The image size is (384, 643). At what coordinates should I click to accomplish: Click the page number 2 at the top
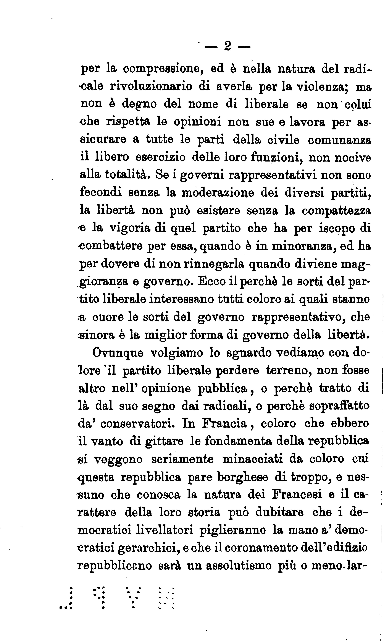click(227, 47)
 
